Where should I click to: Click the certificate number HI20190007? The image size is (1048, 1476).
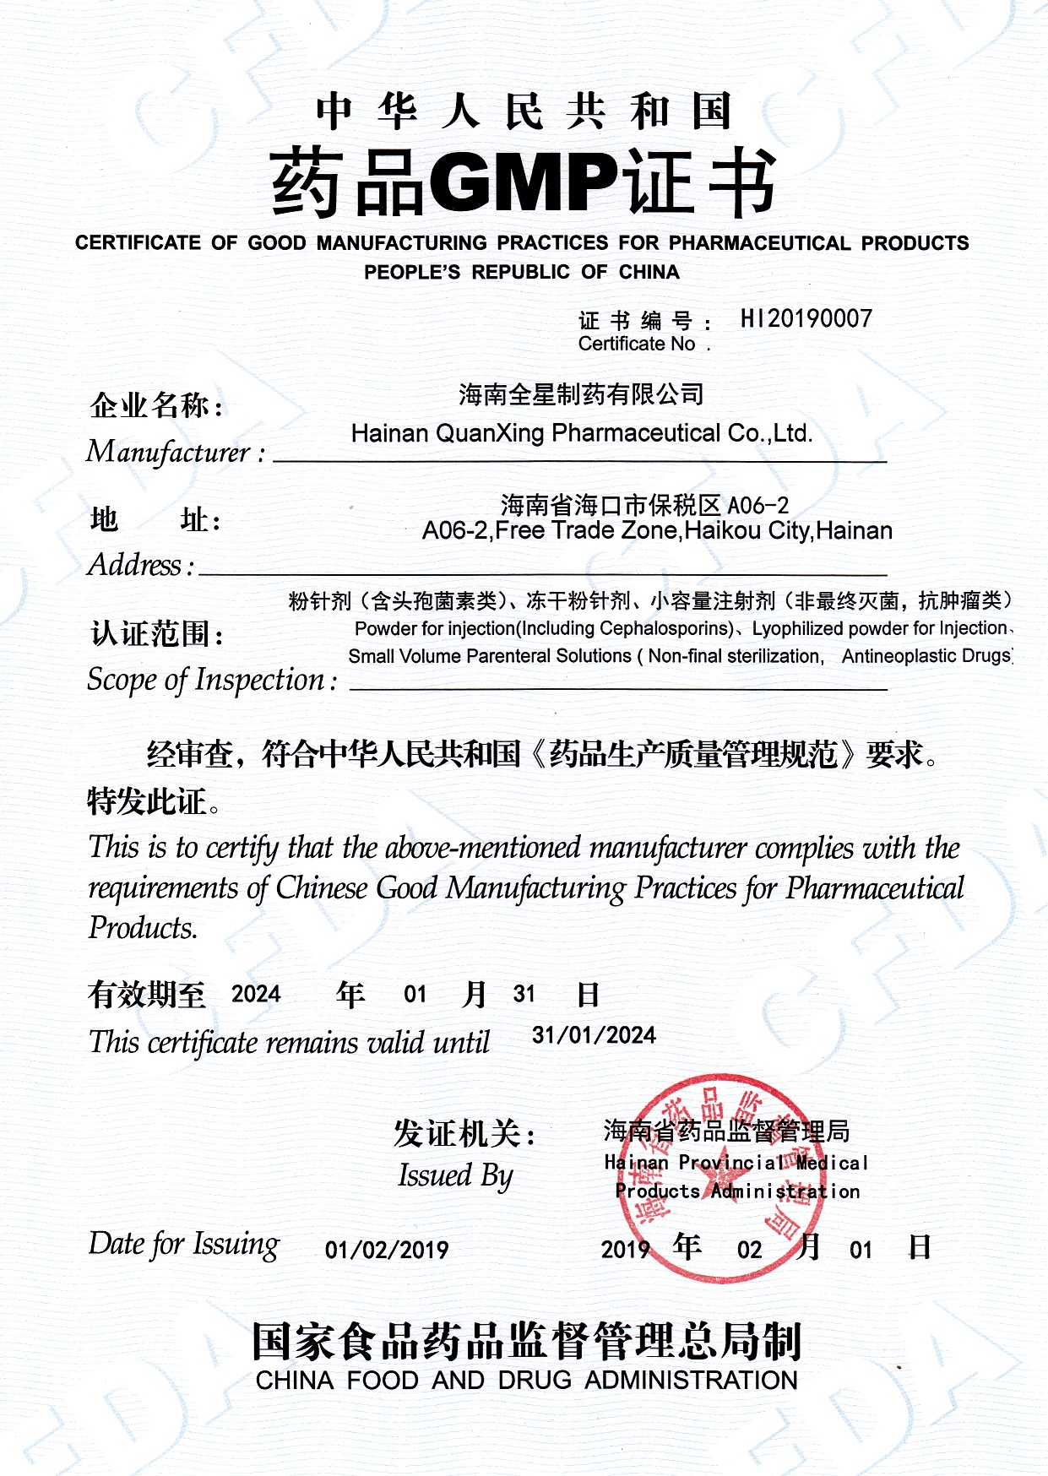pos(806,318)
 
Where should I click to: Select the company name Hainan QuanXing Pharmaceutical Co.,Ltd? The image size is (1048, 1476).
pos(582,433)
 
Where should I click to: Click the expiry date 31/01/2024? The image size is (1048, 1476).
pos(594,1035)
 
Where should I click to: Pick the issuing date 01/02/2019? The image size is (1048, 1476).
pos(387,1250)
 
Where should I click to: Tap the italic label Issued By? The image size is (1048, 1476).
pos(455,1175)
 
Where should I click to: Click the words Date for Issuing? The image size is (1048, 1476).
pos(183,1245)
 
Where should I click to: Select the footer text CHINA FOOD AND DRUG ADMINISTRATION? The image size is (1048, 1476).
pos(526,1380)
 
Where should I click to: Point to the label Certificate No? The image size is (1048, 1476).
pos(637,344)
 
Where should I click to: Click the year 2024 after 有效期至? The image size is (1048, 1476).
pos(256,994)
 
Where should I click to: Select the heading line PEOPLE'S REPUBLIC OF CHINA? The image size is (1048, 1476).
pos(522,272)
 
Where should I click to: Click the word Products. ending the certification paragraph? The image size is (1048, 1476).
pos(143,929)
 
